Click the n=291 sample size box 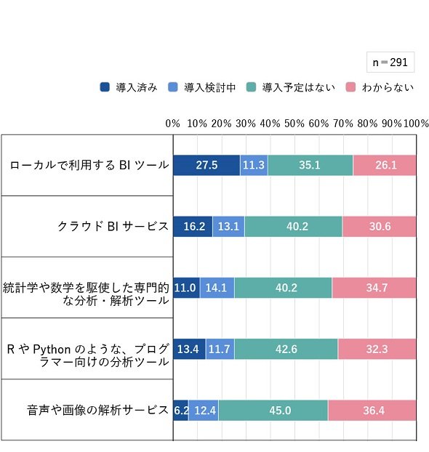click(x=390, y=62)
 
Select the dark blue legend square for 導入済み click(x=105, y=87)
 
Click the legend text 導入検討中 click(x=209, y=87)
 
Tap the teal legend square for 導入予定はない click(x=252, y=87)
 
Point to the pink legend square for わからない click(x=350, y=87)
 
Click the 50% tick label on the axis click(x=294, y=124)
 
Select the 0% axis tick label click(x=172, y=124)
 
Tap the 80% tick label click(x=367, y=124)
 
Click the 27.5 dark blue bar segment click(x=207, y=165)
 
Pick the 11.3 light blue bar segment click(x=254, y=165)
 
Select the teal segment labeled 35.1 click(x=310, y=165)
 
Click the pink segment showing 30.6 click(x=379, y=226)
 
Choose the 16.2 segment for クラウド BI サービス click(x=193, y=226)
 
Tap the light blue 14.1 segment click(x=217, y=288)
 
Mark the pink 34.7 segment click(x=374, y=288)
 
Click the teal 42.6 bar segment click(x=286, y=349)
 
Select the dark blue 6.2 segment click(x=181, y=410)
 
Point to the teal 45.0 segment click(x=273, y=410)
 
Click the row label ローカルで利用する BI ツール click(x=89, y=165)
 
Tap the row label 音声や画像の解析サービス click(x=97, y=410)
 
